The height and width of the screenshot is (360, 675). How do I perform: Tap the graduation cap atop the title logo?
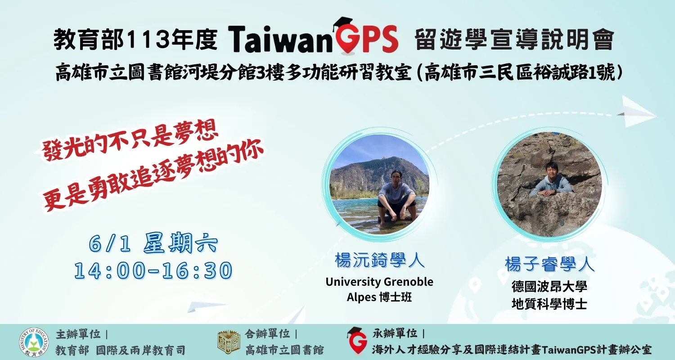[342, 22]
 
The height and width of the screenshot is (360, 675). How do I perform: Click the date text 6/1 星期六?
[153, 244]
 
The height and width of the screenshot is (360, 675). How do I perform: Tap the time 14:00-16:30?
[153, 270]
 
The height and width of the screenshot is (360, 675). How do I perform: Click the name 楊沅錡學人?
[379, 261]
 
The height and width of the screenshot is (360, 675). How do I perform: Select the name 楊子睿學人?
[549, 264]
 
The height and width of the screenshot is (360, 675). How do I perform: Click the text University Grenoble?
[379, 282]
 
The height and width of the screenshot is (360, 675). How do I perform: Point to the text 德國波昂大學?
[549, 287]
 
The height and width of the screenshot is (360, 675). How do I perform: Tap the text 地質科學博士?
[549, 304]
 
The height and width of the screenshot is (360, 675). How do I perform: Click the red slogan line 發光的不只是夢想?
[126, 144]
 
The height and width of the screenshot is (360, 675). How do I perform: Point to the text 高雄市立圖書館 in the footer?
[284, 350]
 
